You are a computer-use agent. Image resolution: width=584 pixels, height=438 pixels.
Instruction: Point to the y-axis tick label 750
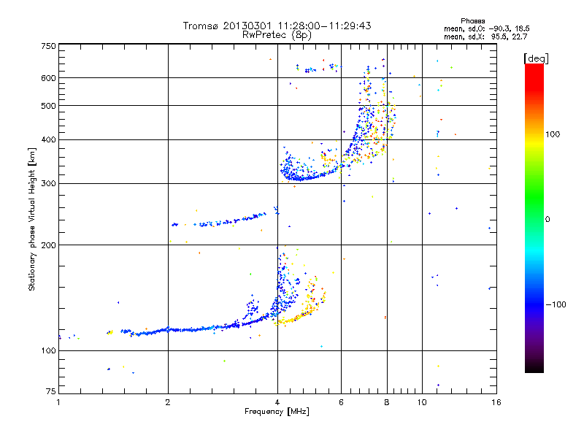[x=49, y=46]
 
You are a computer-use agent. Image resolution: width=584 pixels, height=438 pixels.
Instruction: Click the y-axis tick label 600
[x=49, y=77]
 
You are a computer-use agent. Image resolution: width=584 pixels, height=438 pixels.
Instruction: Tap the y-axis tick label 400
[x=49, y=139]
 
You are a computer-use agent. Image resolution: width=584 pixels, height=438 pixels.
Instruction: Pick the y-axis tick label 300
[x=49, y=183]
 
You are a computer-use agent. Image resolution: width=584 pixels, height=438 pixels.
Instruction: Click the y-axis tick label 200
[x=49, y=245]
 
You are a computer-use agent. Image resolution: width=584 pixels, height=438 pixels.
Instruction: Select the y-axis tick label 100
[x=49, y=351]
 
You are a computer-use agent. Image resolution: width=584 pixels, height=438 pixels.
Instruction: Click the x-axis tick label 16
[x=496, y=402]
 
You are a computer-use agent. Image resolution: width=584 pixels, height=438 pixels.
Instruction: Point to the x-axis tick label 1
[x=59, y=402]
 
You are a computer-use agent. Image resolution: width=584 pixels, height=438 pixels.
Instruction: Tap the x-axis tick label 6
[x=342, y=402]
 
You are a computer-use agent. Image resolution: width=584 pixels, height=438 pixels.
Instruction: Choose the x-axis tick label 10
[x=422, y=402]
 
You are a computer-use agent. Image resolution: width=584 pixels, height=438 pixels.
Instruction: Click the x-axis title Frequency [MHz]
[x=277, y=412]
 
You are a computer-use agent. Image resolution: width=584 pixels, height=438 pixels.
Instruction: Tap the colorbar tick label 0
[x=547, y=218]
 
